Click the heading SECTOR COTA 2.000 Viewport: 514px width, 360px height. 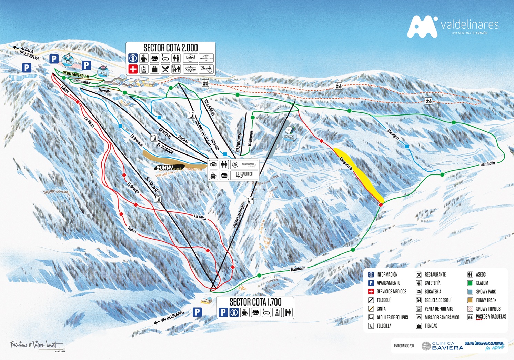click(x=170, y=48)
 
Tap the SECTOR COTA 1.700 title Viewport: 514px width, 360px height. click(x=255, y=302)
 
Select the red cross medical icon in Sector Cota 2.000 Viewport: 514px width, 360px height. click(x=133, y=69)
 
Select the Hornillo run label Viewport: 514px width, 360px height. click(x=104, y=91)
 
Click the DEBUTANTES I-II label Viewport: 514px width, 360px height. click(x=76, y=75)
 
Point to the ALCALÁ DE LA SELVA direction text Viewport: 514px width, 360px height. click(x=29, y=53)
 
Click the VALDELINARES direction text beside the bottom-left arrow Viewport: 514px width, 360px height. click(x=172, y=316)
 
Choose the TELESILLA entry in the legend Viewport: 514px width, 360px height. click(x=384, y=326)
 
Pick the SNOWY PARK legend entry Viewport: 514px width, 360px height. click(x=486, y=292)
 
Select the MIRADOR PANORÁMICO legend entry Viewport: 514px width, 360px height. click(x=442, y=317)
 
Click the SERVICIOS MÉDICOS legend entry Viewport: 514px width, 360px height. click(x=391, y=292)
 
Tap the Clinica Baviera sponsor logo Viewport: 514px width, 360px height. click(x=442, y=346)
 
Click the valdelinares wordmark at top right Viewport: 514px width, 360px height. click(x=470, y=25)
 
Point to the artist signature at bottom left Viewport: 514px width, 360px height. click(x=36, y=344)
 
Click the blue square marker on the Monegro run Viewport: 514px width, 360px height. click(x=407, y=147)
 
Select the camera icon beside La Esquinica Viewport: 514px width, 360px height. click(x=213, y=165)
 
